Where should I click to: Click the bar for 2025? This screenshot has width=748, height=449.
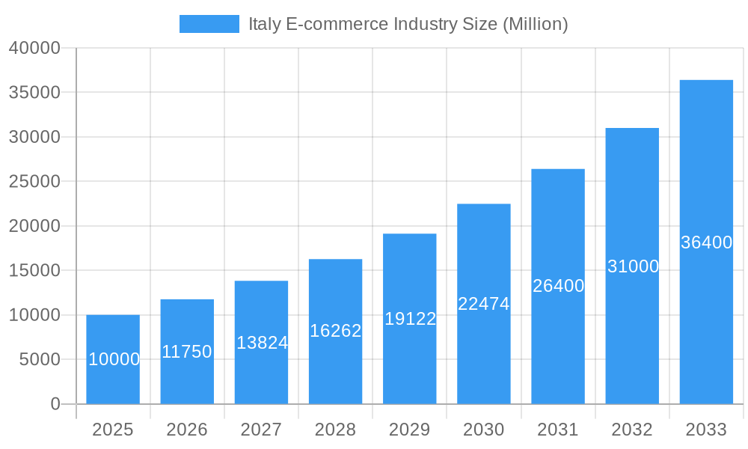tap(113, 337)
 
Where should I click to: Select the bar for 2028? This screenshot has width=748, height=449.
tap(335, 299)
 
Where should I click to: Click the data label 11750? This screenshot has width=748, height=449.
tap(187, 352)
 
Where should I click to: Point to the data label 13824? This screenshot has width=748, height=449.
tap(262, 343)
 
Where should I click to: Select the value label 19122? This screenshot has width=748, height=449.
tap(410, 319)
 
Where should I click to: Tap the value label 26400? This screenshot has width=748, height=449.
tap(558, 286)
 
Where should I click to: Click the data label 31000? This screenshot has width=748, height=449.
tap(633, 266)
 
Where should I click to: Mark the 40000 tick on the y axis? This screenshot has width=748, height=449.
tap(34, 48)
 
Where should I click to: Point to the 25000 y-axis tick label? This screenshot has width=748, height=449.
tap(34, 181)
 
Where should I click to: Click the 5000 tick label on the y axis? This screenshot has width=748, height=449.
tap(39, 359)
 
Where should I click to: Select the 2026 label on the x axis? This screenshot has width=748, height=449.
tap(187, 430)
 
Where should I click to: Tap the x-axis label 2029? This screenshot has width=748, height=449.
tap(410, 430)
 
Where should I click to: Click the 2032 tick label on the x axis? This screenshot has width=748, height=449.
tap(632, 430)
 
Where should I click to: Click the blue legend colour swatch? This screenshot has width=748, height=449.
tap(209, 24)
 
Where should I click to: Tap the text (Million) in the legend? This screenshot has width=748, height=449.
tap(535, 24)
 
